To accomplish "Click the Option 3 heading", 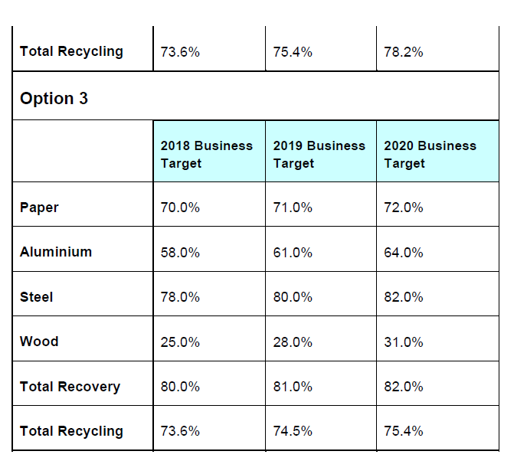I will (x=54, y=99).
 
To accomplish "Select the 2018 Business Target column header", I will (x=206, y=154).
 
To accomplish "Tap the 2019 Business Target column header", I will (x=319, y=154).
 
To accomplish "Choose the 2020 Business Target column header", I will (x=430, y=154).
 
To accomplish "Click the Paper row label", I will (x=39, y=208).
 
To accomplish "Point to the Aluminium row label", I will (x=56, y=252).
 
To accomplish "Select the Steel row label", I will (x=37, y=297).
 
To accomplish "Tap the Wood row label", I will (x=39, y=342).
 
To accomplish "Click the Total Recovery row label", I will (x=70, y=387).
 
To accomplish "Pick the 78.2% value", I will (x=404, y=52).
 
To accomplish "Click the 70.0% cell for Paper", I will (x=180, y=208).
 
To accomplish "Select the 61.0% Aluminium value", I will (x=293, y=253).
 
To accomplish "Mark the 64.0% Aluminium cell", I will (x=404, y=253).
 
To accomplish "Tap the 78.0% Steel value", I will (x=180, y=297).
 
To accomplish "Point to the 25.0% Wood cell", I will (x=180, y=342).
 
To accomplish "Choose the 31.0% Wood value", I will (x=404, y=342).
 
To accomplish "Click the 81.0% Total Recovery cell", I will (x=293, y=387).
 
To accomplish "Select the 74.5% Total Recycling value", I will (x=293, y=431).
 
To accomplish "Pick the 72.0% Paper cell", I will (x=404, y=208).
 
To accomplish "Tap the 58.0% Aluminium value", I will (x=180, y=253).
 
